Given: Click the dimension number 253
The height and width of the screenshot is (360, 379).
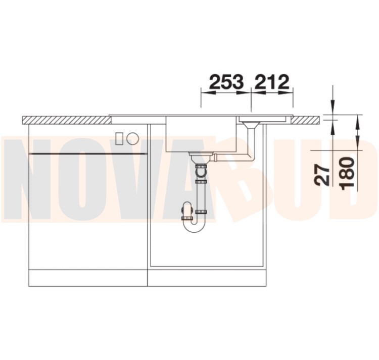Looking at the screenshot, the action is coord(226,81).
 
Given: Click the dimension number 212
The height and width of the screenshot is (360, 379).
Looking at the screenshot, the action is coord(272,81).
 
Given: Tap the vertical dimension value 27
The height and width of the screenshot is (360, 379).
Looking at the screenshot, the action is coord(322,174).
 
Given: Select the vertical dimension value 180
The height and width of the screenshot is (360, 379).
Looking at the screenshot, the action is coord(347,173).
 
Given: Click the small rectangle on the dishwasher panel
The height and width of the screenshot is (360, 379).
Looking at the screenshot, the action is coord(119,139).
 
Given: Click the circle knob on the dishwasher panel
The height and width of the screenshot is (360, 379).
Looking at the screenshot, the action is coord(133,139).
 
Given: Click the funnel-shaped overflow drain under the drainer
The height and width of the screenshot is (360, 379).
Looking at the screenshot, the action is coord(251,125).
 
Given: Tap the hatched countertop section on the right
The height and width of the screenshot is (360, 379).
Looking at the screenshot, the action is coord(307,120).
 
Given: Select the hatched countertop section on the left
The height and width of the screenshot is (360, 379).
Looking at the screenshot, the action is coord(67,120).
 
